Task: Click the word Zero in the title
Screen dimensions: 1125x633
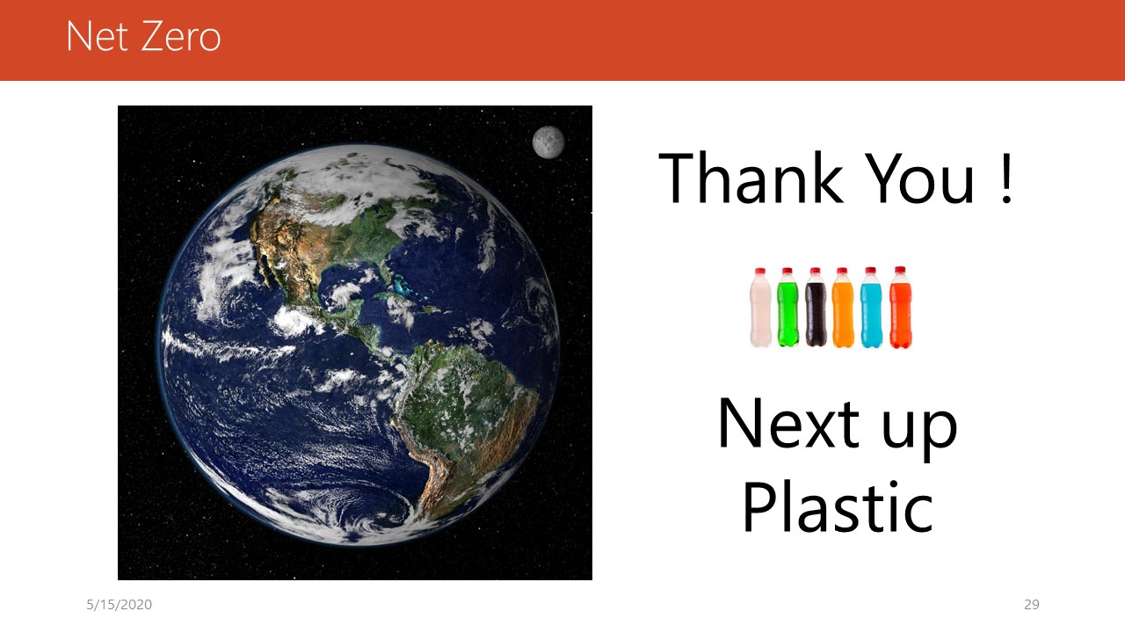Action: pos(181,36)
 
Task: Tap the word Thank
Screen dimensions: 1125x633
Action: pos(751,178)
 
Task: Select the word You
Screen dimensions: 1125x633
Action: pos(921,178)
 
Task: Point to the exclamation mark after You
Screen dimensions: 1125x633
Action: pos(1006,178)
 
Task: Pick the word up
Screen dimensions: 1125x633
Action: pos(919,430)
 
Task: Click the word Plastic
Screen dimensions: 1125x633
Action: pos(838,506)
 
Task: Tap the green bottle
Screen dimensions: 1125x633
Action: pos(787,307)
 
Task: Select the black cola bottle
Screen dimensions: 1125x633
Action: pos(816,307)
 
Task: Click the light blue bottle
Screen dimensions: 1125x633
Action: pos(871,307)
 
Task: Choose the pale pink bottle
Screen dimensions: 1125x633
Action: pos(760,308)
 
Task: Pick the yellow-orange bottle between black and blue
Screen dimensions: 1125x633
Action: pos(843,308)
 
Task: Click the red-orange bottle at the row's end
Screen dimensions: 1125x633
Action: pos(901,307)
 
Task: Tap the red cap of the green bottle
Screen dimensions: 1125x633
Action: pos(787,272)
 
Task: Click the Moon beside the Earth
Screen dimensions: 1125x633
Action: pos(548,142)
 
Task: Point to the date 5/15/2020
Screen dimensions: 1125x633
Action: pos(119,604)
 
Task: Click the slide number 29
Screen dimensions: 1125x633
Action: pos(1032,604)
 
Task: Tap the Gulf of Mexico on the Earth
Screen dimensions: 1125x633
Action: pos(346,283)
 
